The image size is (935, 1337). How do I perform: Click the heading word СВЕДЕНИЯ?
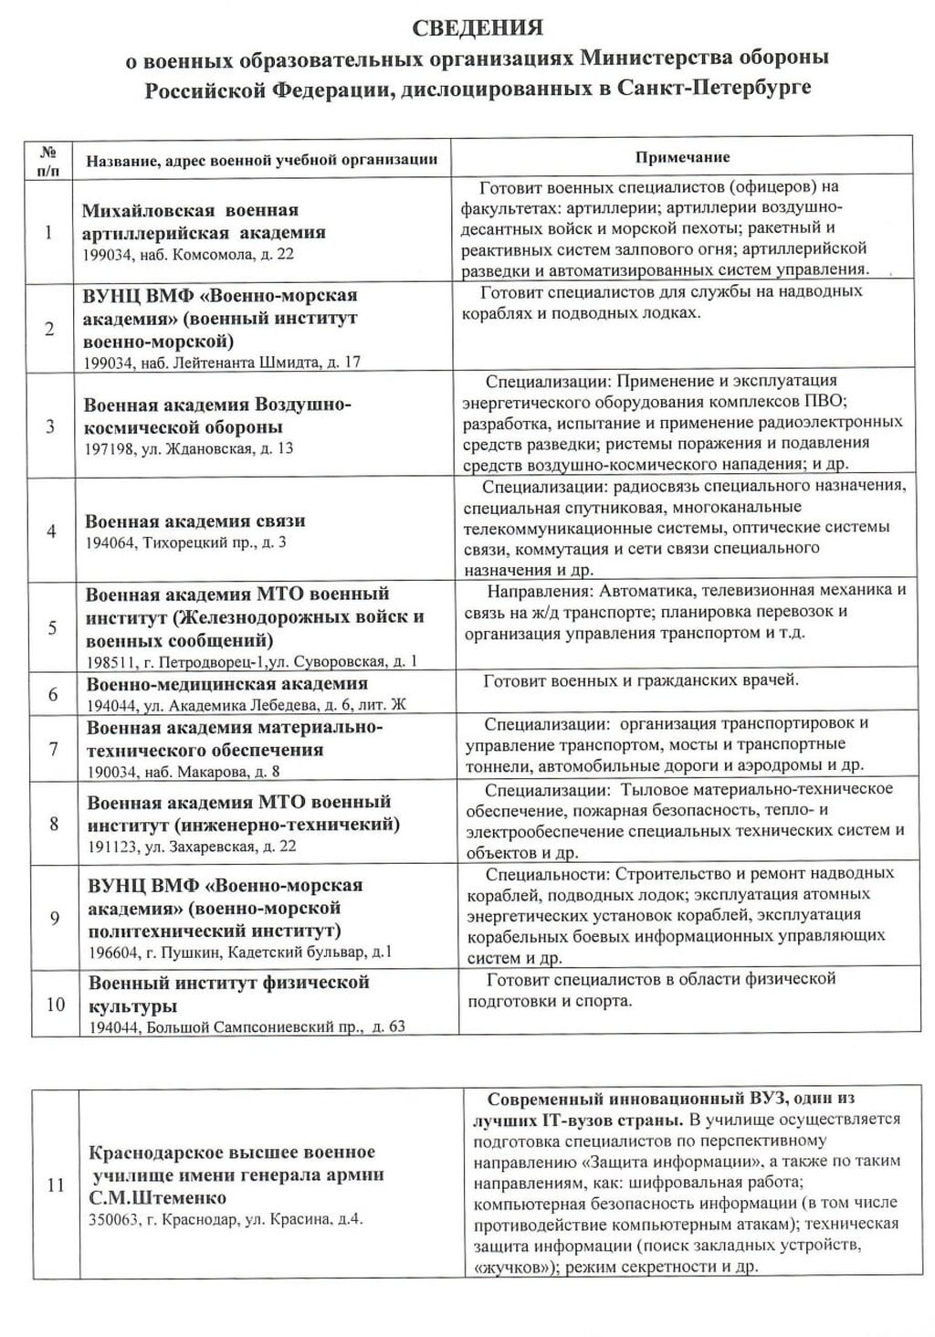pos(478,27)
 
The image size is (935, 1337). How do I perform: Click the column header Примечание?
pos(682,157)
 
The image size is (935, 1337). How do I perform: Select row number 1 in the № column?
pos(48,232)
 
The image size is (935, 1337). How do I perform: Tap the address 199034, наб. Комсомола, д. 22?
pos(188,254)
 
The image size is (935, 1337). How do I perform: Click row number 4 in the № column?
pos(51,531)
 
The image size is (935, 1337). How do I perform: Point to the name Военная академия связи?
pos(195,521)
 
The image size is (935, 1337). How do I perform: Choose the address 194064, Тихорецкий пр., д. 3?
pos(186,542)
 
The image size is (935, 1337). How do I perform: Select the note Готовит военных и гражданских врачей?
pos(641,680)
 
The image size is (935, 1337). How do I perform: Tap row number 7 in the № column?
pos(54,749)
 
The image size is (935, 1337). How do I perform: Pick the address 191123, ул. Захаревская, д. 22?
pos(193,847)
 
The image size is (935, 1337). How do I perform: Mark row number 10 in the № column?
pos(56,1004)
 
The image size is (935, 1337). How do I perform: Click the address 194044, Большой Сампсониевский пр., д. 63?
pos(247,1027)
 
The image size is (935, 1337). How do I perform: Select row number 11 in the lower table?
pos(56,1185)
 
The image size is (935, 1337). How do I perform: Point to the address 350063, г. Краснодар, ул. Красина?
pos(226,1219)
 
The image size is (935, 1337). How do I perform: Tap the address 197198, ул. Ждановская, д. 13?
pos(189,448)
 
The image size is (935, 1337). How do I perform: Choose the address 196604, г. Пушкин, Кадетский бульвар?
pos(240,953)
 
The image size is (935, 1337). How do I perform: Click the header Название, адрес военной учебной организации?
pos(262,160)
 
